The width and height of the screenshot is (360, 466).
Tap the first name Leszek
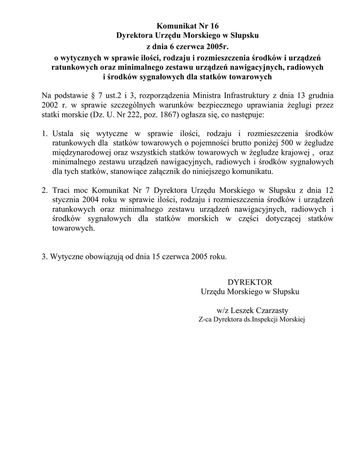pos(244,310)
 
